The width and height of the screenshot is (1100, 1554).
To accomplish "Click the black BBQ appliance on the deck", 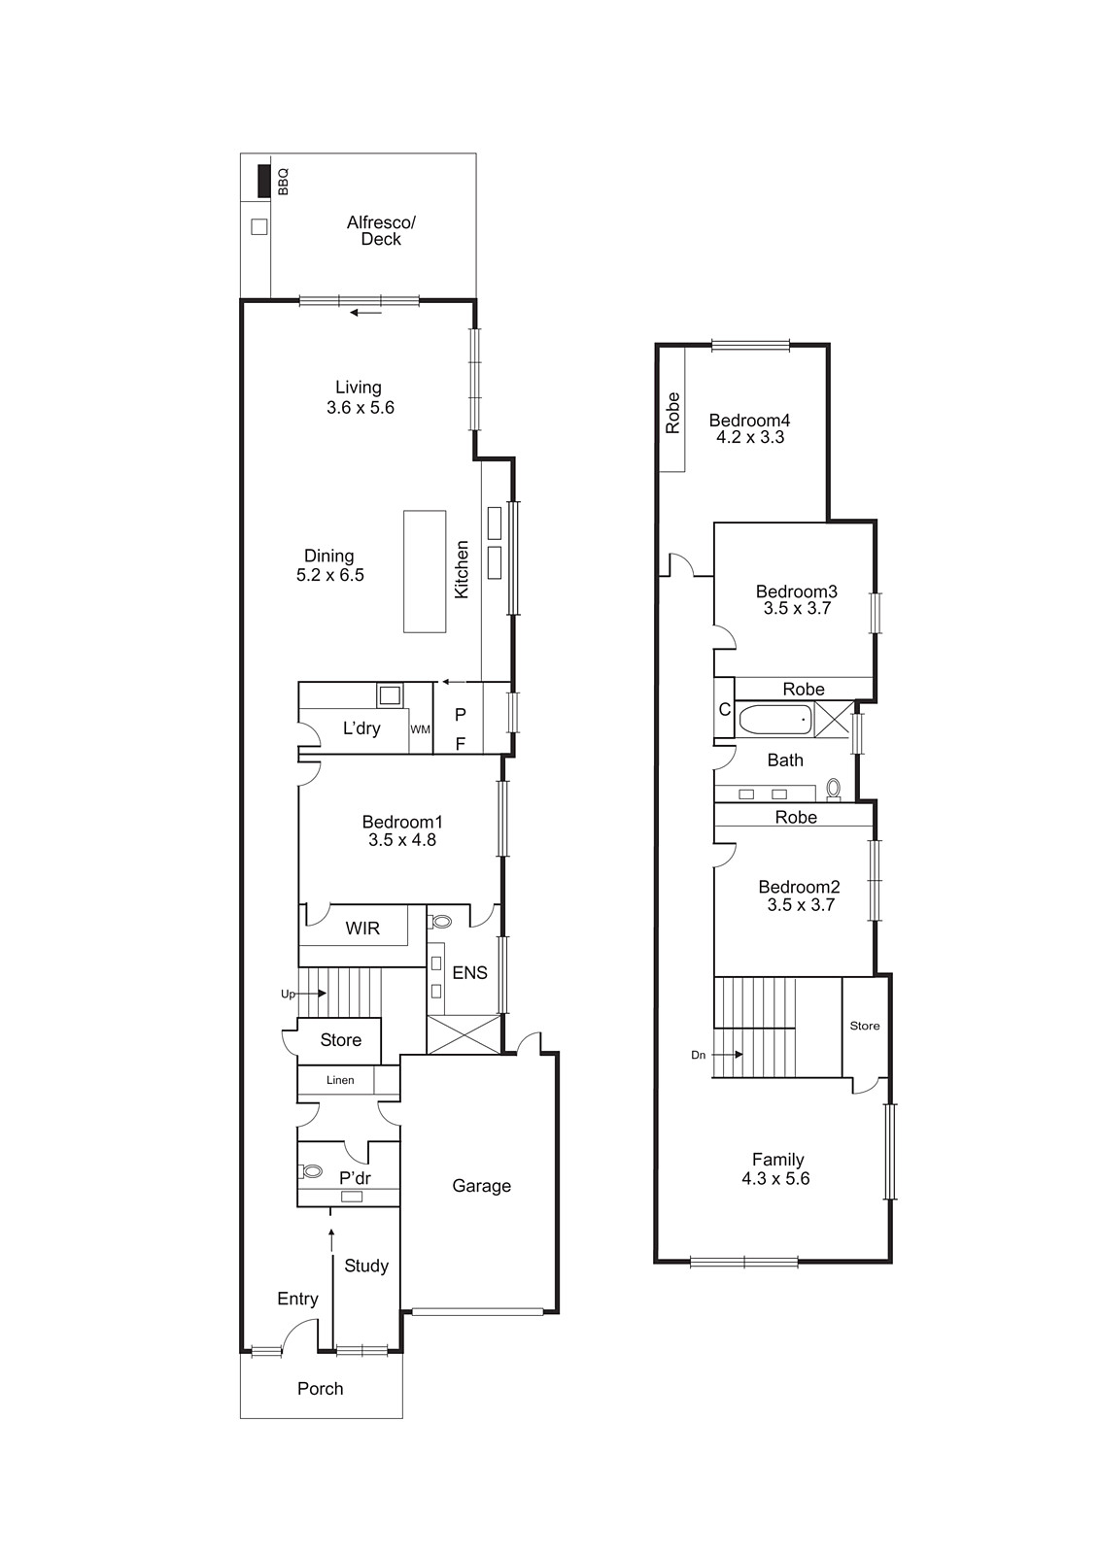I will pyautogui.click(x=262, y=182).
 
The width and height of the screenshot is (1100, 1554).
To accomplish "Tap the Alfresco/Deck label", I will pyautogui.click(x=381, y=231).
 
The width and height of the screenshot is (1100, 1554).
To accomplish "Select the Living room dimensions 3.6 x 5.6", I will pyautogui.click(x=361, y=408).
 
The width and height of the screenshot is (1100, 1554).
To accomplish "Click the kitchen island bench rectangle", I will pyautogui.click(x=425, y=571).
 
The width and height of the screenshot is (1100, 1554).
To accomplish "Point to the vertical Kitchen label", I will pyautogui.click(x=463, y=569).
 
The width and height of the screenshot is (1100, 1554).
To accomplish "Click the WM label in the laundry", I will pyautogui.click(x=420, y=729).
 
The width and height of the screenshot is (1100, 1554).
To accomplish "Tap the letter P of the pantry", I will pyautogui.click(x=461, y=715).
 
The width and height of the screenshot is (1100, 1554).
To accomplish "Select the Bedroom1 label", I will pyautogui.click(x=402, y=822).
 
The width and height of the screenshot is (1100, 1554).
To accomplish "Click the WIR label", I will pyautogui.click(x=362, y=929).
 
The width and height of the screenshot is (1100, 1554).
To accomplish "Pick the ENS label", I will pyautogui.click(x=469, y=972).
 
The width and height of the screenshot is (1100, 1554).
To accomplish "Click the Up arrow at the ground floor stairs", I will pyautogui.click(x=313, y=994).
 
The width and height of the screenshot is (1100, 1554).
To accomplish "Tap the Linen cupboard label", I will pyautogui.click(x=340, y=1080).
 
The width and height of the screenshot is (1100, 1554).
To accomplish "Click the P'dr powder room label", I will pyautogui.click(x=355, y=1179).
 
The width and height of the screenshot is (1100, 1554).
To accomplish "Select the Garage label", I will pyautogui.click(x=481, y=1186).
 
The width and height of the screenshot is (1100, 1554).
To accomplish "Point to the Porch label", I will pyautogui.click(x=320, y=1389).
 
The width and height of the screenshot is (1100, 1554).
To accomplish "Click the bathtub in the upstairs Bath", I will pyautogui.click(x=774, y=721).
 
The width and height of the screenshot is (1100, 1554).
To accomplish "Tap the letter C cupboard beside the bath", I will pyautogui.click(x=724, y=710).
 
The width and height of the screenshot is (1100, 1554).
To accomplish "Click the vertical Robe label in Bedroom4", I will pyautogui.click(x=672, y=413).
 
